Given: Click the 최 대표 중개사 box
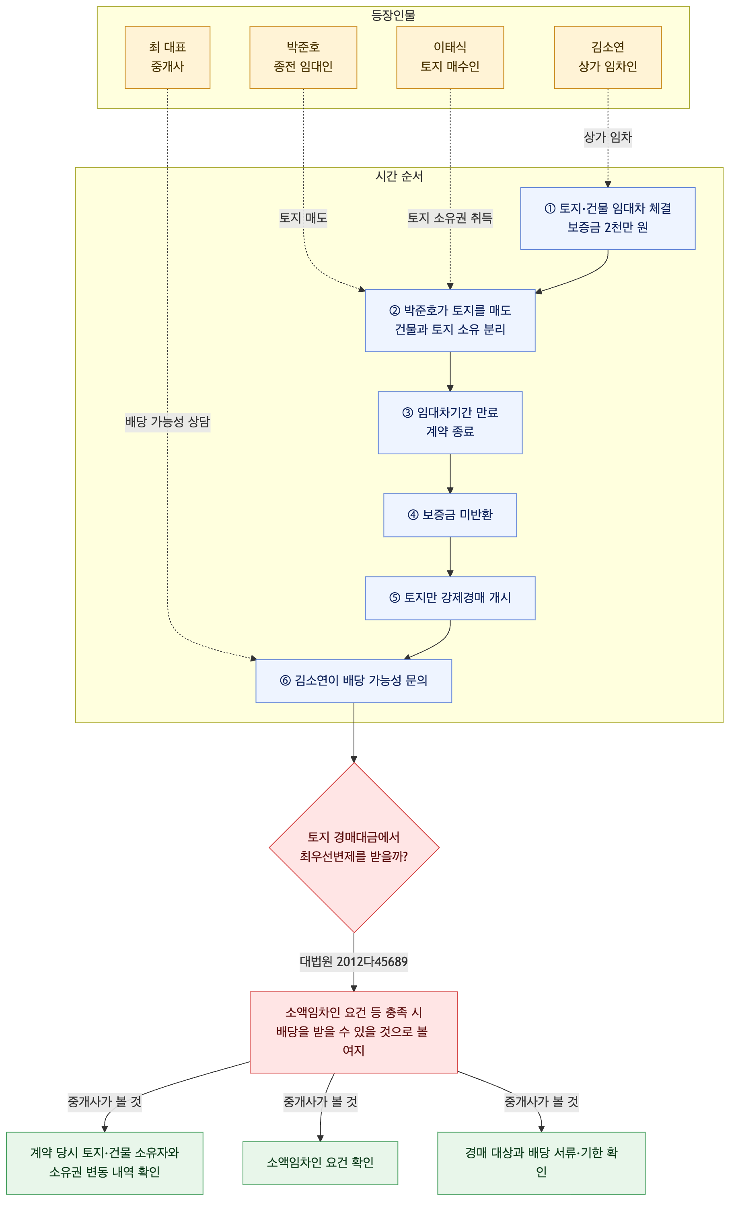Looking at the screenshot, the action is (167, 57).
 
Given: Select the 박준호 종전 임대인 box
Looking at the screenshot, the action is (303, 57).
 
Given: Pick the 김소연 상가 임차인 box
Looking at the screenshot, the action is (607, 57).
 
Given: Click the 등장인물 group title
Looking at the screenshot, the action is (393, 15).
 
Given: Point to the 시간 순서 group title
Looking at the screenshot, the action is (399, 176).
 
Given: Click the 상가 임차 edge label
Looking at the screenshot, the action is (607, 137).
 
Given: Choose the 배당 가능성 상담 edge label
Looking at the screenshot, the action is (167, 422).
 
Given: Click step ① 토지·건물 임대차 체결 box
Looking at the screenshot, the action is (607, 218).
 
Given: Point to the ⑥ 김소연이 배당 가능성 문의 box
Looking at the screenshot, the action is (354, 681).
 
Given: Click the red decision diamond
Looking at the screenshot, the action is (354, 847).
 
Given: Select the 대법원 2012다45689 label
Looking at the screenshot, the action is (354, 961).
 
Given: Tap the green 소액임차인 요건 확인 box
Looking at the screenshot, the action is (320, 1162).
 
